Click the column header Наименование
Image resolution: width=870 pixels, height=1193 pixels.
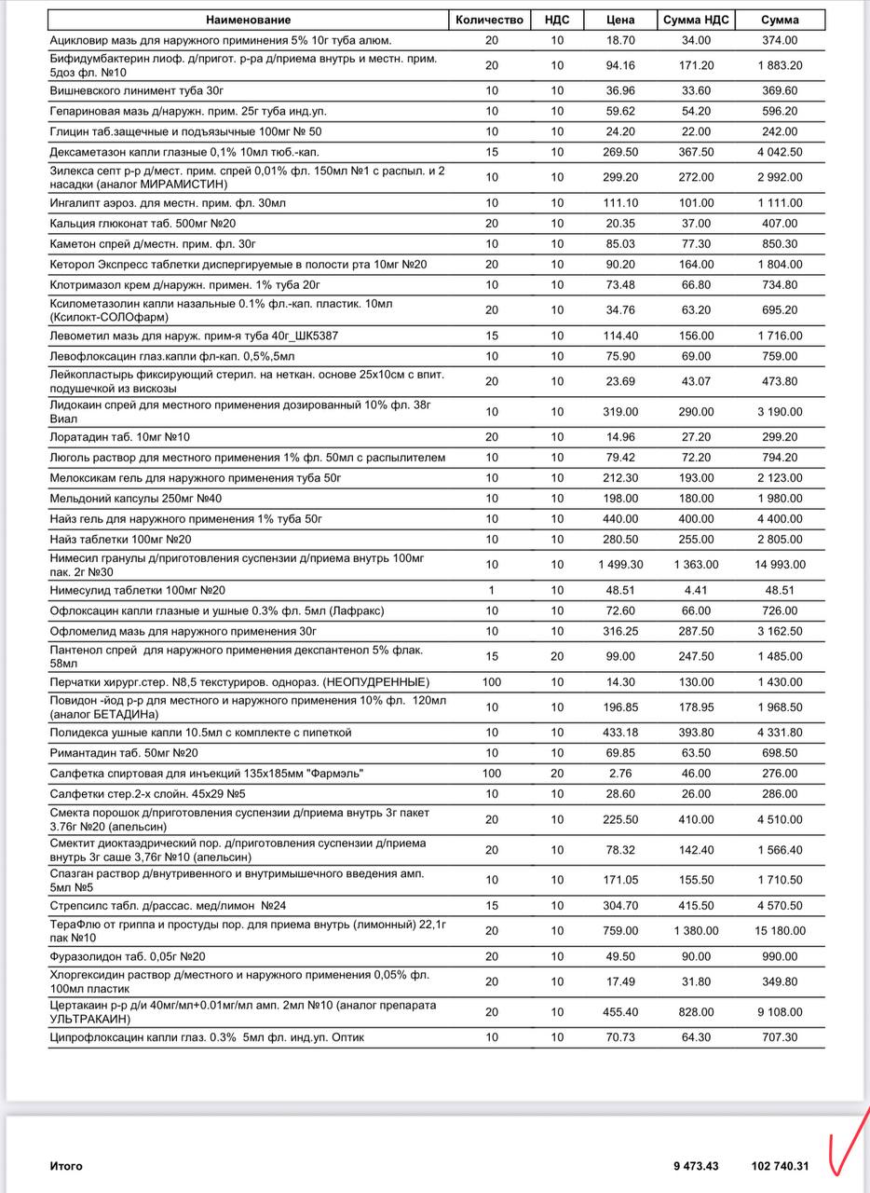[x=249, y=20]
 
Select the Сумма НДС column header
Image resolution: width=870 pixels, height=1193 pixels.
[x=696, y=20]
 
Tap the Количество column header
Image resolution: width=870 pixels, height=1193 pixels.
[x=491, y=20]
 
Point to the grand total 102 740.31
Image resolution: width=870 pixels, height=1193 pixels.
[x=781, y=1166]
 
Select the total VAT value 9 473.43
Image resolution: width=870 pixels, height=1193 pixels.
[x=697, y=1166]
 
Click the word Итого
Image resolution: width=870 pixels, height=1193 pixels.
[x=66, y=1166]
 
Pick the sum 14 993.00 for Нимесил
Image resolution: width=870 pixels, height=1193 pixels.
[x=780, y=565]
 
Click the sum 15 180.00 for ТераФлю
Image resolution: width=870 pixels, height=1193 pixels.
[x=780, y=930]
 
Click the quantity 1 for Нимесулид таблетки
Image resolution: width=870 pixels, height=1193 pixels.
[x=491, y=590]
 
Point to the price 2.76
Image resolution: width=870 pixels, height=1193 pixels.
[x=620, y=774]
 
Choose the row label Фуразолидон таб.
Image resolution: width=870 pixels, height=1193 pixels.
[x=128, y=956]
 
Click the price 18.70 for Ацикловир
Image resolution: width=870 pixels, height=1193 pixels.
[x=620, y=40]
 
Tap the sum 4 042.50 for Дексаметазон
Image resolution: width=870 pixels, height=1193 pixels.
[x=780, y=152]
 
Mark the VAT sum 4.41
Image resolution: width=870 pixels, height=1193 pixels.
[x=696, y=590]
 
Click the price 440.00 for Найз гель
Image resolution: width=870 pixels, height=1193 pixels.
[x=620, y=519]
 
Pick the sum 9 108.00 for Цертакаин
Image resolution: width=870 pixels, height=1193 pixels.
[x=780, y=1011]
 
